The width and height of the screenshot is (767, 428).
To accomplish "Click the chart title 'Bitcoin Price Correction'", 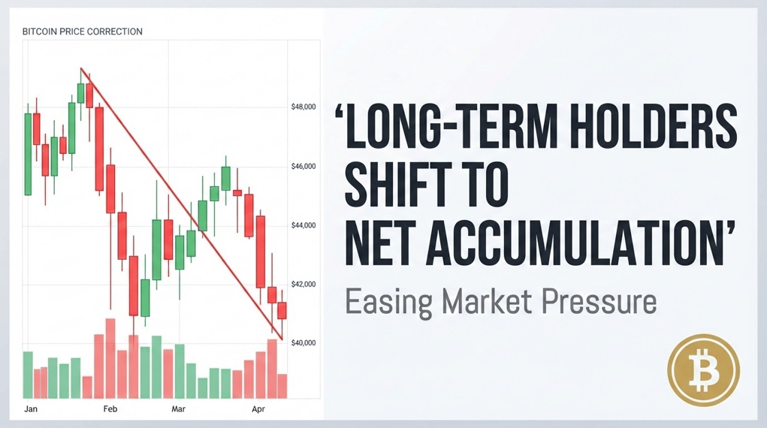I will (83, 32).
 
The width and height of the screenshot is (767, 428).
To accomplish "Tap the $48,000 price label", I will (303, 107).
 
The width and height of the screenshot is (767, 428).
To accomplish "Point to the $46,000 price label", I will (303, 166).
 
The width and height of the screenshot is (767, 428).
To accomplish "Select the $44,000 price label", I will (303, 225).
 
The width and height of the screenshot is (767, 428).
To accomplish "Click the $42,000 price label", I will (303, 284).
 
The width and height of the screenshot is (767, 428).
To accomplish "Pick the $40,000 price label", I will (303, 343).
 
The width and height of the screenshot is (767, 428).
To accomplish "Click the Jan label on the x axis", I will (31, 409).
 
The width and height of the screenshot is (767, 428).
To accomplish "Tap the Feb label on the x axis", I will (110, 409).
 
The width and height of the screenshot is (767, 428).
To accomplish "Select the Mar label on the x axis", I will (179, 409).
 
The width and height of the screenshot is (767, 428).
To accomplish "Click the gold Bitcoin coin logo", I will (703, 370).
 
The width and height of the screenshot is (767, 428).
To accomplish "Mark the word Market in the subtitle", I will (479, 303).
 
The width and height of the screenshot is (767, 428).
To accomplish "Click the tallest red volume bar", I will (110, 358).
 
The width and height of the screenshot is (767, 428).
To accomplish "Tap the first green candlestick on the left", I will (29, 154).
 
